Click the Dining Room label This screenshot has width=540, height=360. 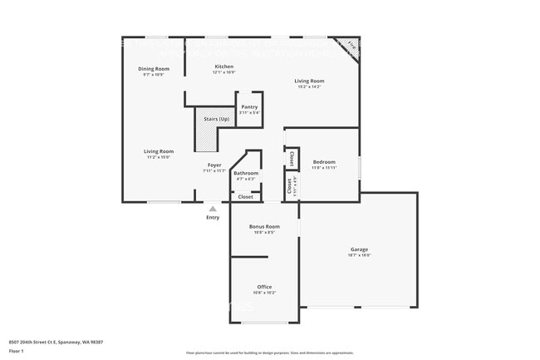[154, 68]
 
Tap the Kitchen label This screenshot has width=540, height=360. [224, 67]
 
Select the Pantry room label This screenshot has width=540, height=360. [249, 106]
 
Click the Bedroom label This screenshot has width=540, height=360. [324, 161]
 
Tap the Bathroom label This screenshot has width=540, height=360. [246, 173]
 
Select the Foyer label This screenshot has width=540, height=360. [214, 165]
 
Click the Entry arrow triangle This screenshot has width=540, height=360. [213, 209]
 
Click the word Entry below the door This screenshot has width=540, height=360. [213, 218]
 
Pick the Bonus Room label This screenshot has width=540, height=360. [264, 226]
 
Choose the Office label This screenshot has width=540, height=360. [264, 287]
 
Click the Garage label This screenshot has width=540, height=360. [359, 249]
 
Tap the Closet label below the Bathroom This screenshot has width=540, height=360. [246, 197]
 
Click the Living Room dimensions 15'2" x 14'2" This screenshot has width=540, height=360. [308, 86]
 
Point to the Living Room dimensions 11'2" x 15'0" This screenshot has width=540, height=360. [157, 156]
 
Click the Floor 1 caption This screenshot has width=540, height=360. [17, 351]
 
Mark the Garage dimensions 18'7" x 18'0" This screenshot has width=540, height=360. [359, 255]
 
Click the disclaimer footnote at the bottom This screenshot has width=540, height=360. [269, 353]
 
